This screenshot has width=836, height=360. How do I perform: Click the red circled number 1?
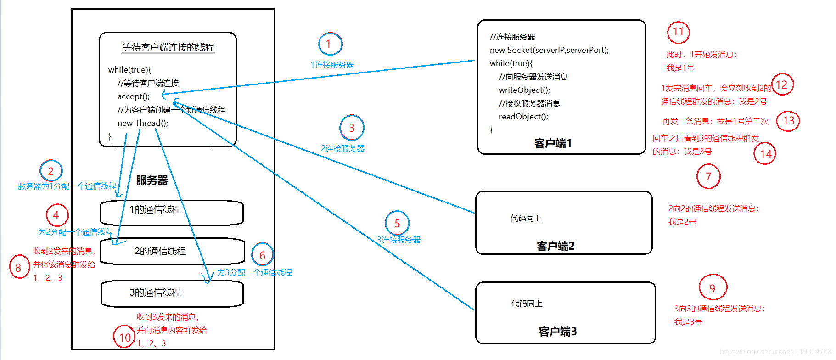click(330, 44)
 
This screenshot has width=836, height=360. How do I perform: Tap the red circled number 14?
click(765, 154)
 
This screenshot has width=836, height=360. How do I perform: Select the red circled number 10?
click(124, 337)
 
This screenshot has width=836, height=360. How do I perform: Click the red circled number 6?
click(262, 255)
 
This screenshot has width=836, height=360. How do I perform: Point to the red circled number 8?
click(19, 268)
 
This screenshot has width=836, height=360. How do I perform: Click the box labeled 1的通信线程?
click(172, 212)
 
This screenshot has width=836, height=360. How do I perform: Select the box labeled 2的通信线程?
click(172, 251)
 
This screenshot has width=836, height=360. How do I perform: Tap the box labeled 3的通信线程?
click(172, 293)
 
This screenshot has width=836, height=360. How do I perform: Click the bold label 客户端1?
click(553, 144)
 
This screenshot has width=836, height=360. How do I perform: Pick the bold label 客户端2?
click(555, 247)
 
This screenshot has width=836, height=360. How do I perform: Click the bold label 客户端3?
click(557, 332)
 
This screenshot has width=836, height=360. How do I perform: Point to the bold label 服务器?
click(152, 180)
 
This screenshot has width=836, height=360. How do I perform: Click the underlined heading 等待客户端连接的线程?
click(168, 47)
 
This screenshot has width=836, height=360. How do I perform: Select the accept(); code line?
click(134, 96)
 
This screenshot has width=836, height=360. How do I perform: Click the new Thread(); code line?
click(143, 123)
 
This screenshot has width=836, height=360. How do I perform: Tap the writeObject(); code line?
click(524, 90)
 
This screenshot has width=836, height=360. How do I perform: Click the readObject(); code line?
click(523, 117)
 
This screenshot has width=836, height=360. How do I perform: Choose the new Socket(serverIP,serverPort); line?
click(549, 50)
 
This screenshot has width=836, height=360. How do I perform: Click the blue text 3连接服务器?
click(398, 240)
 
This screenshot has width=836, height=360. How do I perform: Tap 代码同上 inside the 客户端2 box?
click(526, 218)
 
